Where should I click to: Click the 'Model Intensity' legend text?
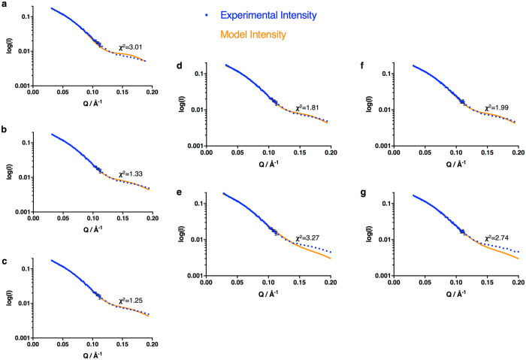click(x=252, y=35)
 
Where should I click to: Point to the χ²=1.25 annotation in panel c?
click(x=120, y=300)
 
